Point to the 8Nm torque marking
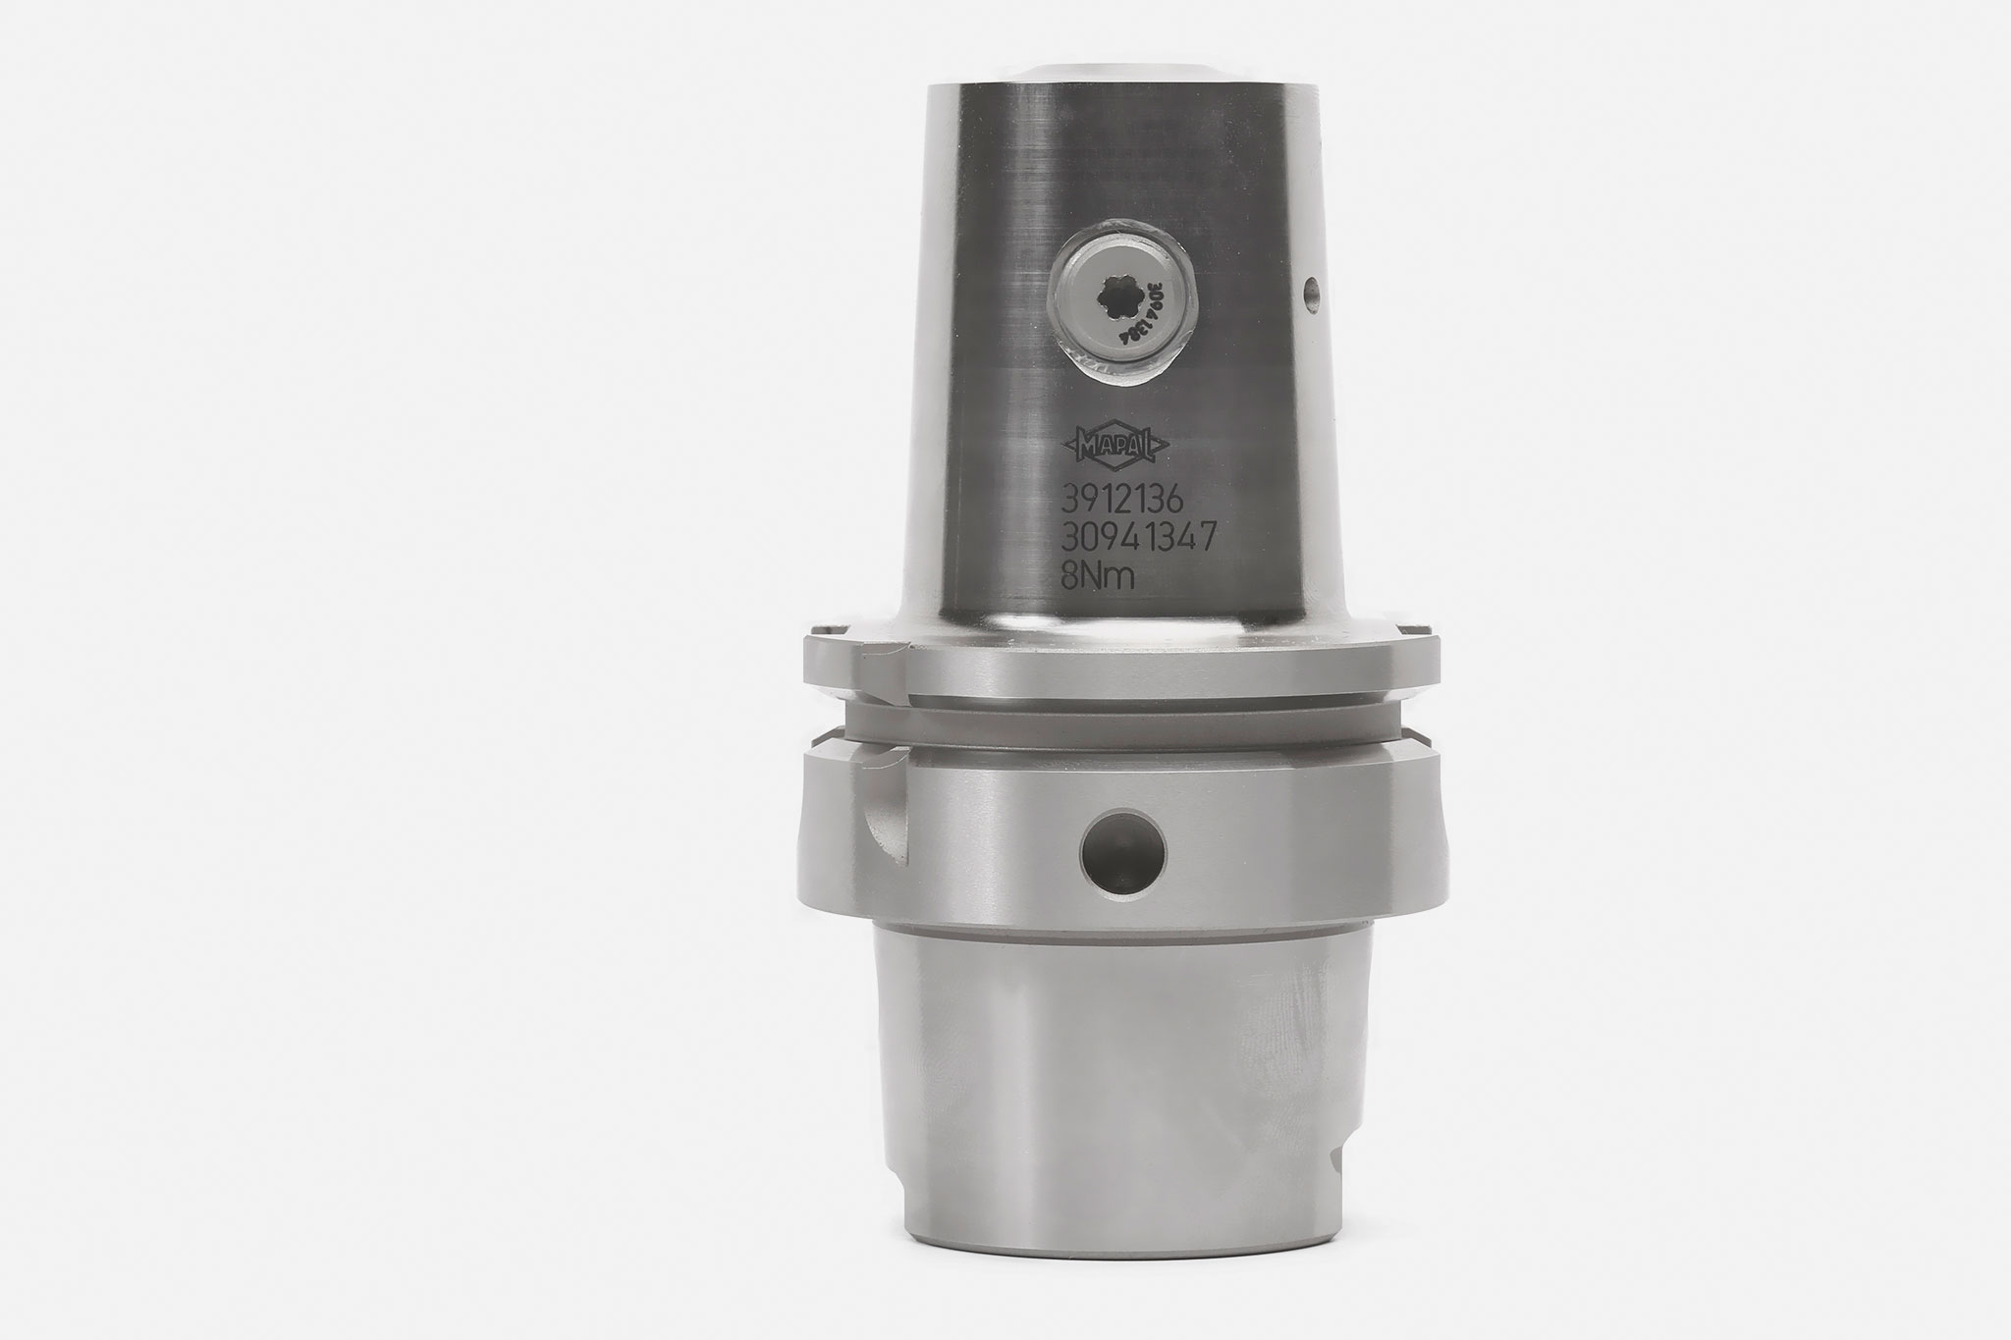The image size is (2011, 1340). (1099, 578)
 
